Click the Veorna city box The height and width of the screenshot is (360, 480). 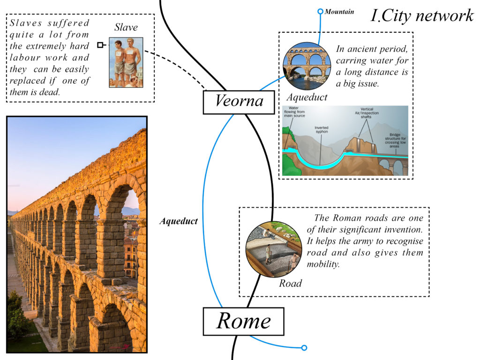(x=239, y=102)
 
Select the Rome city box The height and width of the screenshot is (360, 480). (x=243, y=322)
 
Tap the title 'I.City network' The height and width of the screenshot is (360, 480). (x=422, y=15)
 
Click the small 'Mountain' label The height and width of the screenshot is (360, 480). (x=339, y=11)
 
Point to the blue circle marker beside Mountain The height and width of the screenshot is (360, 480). (x=320, y=11)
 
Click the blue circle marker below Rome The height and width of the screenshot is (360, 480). (x=304, y=348)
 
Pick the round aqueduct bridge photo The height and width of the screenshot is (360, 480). (x=307, y=66)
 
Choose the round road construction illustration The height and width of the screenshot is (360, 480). (x=273, y=249)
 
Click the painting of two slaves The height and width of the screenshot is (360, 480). (x=126, y=62)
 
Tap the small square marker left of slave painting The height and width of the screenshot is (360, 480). (x=100, y=45)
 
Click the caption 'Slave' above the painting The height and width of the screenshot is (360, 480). (x=126, y=28)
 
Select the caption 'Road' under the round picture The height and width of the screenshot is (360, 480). (x=291, y=284)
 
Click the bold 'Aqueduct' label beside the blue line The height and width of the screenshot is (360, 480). (x=178, y=221)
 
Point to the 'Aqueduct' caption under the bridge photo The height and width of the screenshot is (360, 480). (x=307, y=97)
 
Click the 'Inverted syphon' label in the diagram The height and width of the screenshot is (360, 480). (x=321, y=129)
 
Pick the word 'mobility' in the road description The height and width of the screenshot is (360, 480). (x=322, y=264)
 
